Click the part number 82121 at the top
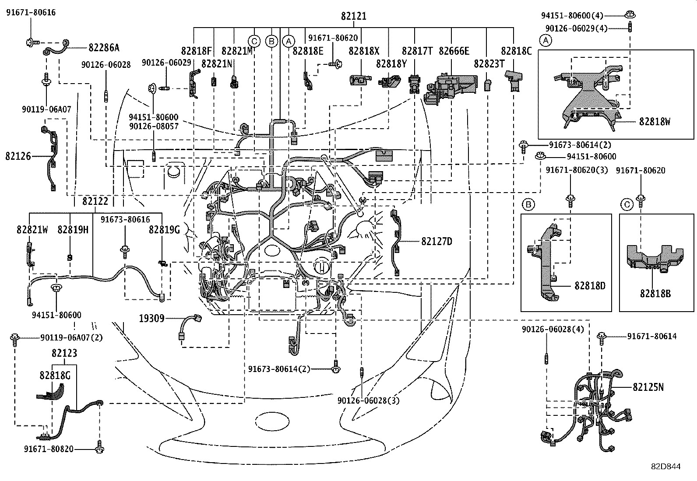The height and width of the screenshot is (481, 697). tap(353, 16)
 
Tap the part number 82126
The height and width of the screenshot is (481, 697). tap(18, 156)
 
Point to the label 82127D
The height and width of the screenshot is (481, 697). tap(437, 241)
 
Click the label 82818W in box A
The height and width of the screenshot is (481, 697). tap(654, 121)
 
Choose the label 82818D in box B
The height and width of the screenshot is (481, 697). tap(590, 286)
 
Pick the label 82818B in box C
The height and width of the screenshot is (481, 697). tap(655, 294)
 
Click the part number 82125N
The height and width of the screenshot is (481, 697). tap(648, 387)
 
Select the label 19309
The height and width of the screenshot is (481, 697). tap(151, 318)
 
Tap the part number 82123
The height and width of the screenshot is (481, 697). tap(64, 353)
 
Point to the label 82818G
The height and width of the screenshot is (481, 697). tap(55, 375)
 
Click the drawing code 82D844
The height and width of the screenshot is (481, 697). tap(665, 467)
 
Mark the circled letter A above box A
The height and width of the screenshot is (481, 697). tap(545, 41)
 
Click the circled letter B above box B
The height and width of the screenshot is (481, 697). tap(528, 204)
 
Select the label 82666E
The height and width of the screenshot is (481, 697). tap(454, 51)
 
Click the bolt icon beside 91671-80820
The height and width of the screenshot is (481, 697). tap(99, 449)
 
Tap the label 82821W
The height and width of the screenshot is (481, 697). tap(32, 229)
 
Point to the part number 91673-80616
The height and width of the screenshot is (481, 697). tap(125, 220)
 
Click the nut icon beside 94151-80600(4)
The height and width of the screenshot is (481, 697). tap(630, 14)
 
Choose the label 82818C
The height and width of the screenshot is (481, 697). tap(516, 51)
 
